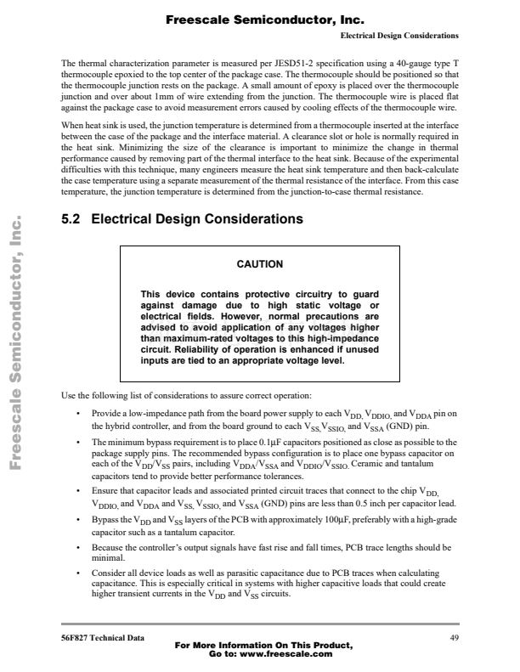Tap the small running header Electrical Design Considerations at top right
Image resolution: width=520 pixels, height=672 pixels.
point(399,36)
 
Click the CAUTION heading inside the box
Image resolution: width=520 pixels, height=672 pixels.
point(259,264)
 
